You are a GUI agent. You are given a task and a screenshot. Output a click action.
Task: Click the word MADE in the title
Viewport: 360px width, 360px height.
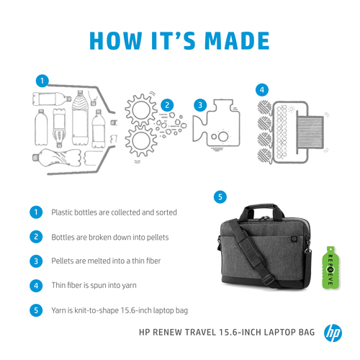pyautogui.click(x=237, y=40)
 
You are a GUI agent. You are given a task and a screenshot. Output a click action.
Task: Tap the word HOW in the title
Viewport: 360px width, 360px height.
pyautogui.click(x=116, y=40)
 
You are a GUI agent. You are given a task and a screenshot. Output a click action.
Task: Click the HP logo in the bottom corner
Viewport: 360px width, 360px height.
pyautogui.click(x=333, y=333)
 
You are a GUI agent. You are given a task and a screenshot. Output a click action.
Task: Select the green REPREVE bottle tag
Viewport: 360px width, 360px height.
pyautogui.click(x=330, y=267)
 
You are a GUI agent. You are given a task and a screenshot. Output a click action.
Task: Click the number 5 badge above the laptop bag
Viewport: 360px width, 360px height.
pyautogui.click(x=220, y=197)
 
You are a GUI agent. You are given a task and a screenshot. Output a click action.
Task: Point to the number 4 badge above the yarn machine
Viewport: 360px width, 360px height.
pyautogui.click(x=262, y=90)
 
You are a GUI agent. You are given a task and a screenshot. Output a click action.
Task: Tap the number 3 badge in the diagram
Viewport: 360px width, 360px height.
pyautogui.click(x=200, y=105)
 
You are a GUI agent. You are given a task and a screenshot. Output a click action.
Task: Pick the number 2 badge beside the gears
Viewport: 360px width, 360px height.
pyautogui.click(x=167, y=105)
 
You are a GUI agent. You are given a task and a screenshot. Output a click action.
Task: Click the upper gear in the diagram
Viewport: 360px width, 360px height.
pyautogui.click(x=140, y=111)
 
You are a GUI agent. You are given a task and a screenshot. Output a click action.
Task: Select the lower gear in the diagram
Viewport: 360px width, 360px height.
pyautogui.click(x=141, y=140)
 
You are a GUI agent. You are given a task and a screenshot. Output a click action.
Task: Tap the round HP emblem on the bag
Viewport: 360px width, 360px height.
pyautogui.click(x=294, y=238)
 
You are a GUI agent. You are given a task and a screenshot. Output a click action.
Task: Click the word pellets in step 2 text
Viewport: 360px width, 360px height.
pyautogui.click(x=158, y=237)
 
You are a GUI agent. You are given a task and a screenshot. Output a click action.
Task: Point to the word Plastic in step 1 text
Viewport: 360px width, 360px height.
pyautogui.click(x=62, y=212)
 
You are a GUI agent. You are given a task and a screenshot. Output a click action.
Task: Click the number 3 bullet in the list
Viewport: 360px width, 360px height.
pyautogui.click(x=36, y=261)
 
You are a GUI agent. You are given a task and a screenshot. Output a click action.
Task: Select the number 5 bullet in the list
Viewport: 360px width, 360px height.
pyautogui.click(x=36, y=310)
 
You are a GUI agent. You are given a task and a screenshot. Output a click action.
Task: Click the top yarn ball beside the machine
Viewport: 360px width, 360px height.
pyautogui.click(x=264, y=107)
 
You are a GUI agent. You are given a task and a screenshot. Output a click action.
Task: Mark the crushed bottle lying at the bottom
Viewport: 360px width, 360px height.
pyautogui.click(x=57, y=157)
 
